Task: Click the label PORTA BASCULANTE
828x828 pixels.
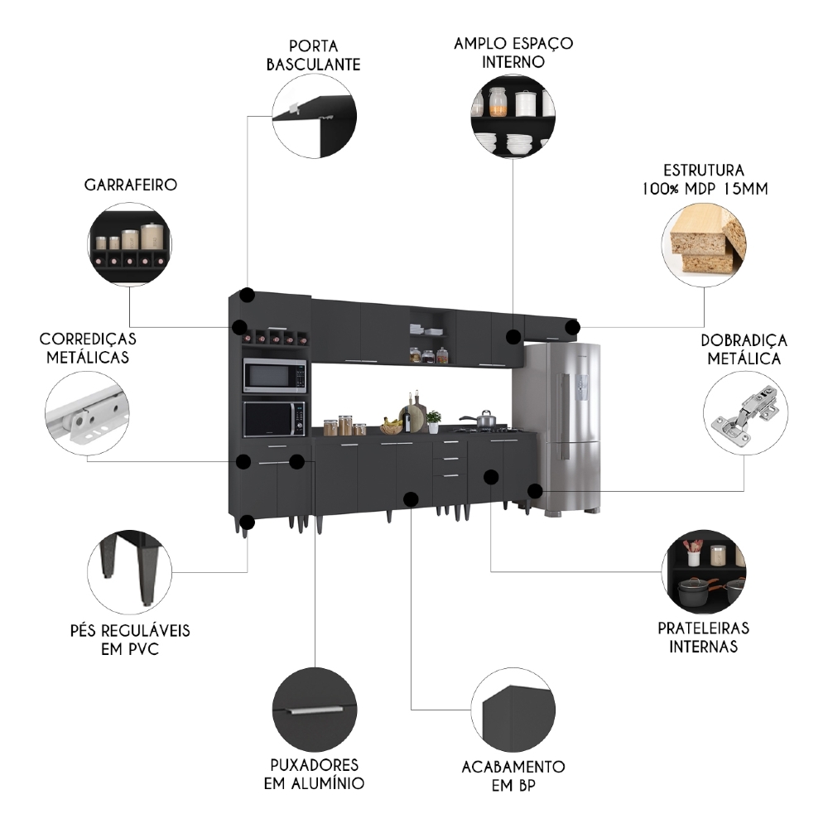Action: [x=313, y=54]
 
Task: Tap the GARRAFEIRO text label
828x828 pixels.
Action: [x=130, y=185]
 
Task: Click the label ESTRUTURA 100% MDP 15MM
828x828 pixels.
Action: [x=704, y=179]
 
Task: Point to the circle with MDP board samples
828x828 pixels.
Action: [x=704, y=241]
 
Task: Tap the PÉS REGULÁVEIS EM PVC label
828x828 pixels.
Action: [x=130, y=639]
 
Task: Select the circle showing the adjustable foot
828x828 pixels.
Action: [x=130, y=571]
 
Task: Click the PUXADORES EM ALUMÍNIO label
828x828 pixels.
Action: [x=314, y=773]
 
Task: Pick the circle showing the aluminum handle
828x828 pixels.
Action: [x=314, y=709]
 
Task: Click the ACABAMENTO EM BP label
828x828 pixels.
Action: [x=513, y=776]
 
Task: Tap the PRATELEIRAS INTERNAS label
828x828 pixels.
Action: [x=704, y=637]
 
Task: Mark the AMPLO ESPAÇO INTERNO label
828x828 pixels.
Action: [x=513, y=51]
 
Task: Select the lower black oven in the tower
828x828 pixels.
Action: [x=274, y=418]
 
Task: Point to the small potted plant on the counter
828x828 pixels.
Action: [x=433, y=421]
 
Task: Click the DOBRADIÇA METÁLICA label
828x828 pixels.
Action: [x=744, y=349]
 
